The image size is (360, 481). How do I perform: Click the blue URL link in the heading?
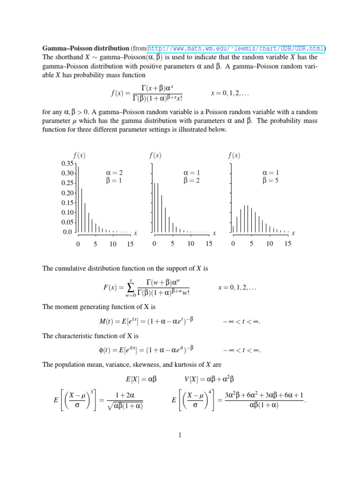pyautogui.click(x=237, y=48)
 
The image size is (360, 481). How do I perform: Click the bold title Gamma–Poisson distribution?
pyautogui.click(x=85, y=48)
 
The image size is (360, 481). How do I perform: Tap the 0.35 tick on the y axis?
pyautogui.click(x=67, y=163)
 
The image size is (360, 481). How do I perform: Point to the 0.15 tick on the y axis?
pyautogui.click(x=67, y=202)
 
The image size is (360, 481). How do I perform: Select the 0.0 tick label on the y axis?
pyautogui.click(x=68, y=232)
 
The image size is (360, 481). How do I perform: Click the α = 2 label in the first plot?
pyautogui.click(x=114, y=173)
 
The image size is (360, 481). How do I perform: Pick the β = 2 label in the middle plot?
pyautogui.click(x=192, y=180)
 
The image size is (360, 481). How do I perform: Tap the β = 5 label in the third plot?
pyautogui.click(x=270, y=180)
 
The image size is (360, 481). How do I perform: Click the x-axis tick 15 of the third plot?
pyautogui.click(x=287, y=244)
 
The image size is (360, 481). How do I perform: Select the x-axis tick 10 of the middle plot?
pyautogui.click(x=191, y=244)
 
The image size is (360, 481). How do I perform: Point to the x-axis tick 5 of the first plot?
pyautogui.click(x=95, y=244)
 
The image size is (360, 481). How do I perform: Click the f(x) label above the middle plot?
pyautogui.click(x=155, y=155)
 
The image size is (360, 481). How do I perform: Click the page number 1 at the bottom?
pyautogui.click(x=180, y=435)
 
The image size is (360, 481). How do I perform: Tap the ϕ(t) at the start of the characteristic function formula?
pyautogui.click(x=108, y=350)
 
